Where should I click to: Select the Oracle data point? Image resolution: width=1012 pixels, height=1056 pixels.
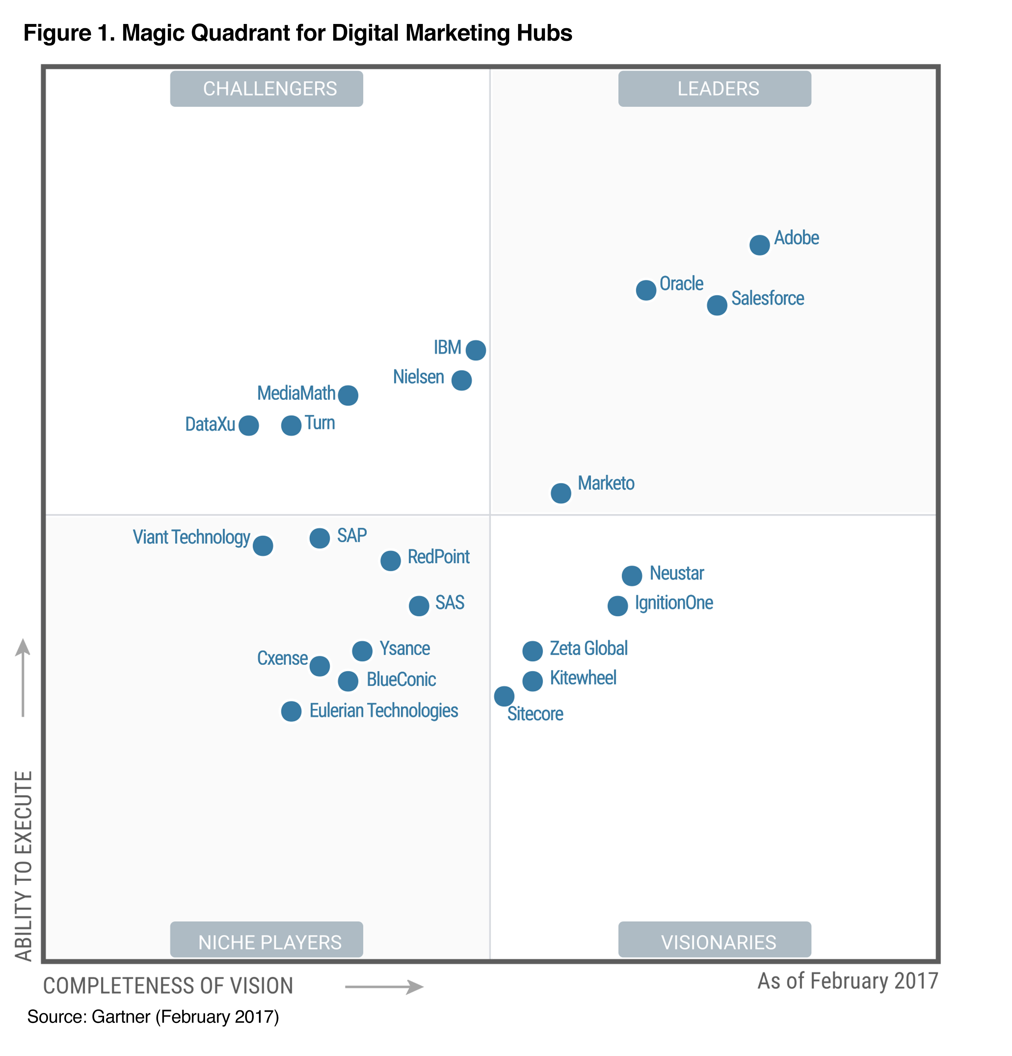tap(646, 290)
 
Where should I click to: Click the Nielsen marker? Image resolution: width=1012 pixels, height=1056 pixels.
tap(461, 380)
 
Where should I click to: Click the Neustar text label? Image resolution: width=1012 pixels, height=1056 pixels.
tap(676, 573)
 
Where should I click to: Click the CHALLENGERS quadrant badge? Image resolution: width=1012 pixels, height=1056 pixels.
tap(266, 88)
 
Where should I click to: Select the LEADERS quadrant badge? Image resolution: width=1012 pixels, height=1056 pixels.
tap(714, 88)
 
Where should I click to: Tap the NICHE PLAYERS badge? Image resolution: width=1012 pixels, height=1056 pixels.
tap(266, 942)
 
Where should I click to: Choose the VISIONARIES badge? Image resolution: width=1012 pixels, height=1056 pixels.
tap(714, 942)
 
